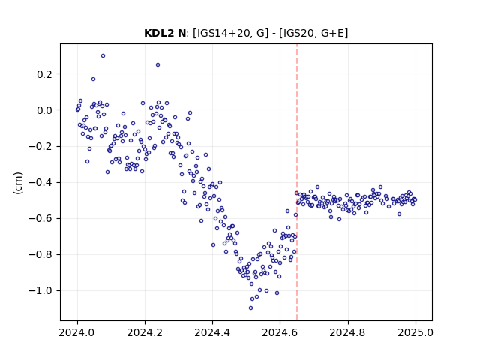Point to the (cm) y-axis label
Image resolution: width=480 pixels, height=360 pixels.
click(18, 183)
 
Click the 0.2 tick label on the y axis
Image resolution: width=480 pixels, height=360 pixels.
click(45, 74)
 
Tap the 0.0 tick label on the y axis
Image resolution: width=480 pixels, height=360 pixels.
click(45, 110)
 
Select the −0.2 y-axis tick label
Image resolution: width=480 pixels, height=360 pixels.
click(41, 146)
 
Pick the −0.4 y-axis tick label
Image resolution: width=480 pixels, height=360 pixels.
click(41, 182)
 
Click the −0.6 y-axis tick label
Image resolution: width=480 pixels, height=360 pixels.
click(41, 218)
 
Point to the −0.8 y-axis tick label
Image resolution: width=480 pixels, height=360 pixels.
click(41, 254)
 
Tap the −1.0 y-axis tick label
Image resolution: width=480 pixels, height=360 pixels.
click(41, 290)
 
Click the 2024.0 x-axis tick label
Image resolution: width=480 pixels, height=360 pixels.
click(77, 332)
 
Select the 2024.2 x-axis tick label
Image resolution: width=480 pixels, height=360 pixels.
click(145, 332)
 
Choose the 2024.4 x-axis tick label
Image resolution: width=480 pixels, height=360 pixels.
click(212, 332)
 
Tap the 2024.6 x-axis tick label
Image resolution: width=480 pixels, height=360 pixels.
click(280, 332)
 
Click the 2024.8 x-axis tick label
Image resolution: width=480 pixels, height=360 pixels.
click(348, 332)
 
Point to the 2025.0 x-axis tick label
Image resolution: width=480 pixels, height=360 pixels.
click(415, 332)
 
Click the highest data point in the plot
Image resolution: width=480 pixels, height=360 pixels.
click(103, 56)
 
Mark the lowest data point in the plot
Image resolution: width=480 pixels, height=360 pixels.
click(250, 308)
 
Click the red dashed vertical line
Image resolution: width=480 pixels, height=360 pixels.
click(297, 182)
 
